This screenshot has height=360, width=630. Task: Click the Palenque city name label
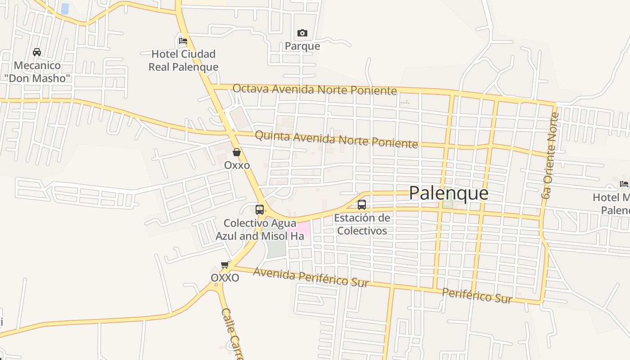(449, 193)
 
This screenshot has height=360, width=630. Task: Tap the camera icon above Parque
(302, 33)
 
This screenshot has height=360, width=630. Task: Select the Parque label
(302, 46)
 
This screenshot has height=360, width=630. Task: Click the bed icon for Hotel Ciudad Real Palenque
(183, 40)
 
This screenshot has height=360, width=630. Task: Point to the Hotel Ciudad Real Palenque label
(184, 60)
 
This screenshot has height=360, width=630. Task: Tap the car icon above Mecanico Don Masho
(37, 52)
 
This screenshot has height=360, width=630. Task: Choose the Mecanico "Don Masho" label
(37, 72)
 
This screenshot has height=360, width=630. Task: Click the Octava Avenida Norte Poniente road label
(315, 89)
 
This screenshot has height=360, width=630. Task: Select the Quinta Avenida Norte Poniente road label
(336, 139)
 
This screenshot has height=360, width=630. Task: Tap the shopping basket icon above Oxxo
(237, 152)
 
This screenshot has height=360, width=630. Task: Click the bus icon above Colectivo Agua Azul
(260, 209)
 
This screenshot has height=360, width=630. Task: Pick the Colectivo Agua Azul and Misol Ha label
(260, 229)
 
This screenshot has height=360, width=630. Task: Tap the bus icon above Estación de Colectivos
(362, 205)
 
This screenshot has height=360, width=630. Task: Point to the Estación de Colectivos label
(362, 224)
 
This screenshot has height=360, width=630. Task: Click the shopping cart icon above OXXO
(225, 265)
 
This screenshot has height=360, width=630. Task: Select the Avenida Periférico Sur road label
(310, 276)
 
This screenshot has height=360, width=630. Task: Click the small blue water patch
(65, 9)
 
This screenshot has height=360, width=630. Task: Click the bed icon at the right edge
(624, 184)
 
